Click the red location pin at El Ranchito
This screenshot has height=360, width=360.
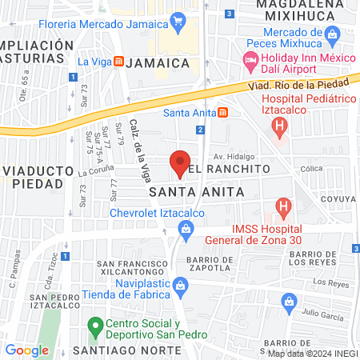click(181, 163)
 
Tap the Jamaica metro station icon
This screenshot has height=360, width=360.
click(118, 62)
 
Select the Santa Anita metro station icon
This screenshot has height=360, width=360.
click(225, 111)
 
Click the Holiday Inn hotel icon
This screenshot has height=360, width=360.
click(250, 62)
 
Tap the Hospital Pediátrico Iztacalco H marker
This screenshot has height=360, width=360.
click(278, 126)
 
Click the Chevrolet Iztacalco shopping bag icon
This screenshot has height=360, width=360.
click(186, 230)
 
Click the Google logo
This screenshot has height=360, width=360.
click(26, 350)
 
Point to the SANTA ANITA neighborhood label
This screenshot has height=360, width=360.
click(181, 192)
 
